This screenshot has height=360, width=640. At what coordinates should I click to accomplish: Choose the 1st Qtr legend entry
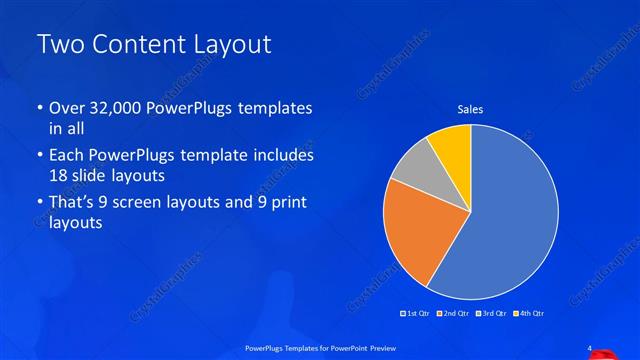pos(418,315)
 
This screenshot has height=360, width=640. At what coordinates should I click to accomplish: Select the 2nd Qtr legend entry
pos(456,315)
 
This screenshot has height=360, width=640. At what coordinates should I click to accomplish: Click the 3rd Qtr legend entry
pos(492,315)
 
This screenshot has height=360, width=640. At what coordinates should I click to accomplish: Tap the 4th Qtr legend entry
pos(529,315)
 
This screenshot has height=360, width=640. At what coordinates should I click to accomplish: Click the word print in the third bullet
pos(289,204)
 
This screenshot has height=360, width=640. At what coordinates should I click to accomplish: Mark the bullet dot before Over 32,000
pos(39,108)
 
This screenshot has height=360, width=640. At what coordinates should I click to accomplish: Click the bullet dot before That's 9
pos(39,204)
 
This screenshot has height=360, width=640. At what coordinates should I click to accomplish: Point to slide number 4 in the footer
pos(590,347)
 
